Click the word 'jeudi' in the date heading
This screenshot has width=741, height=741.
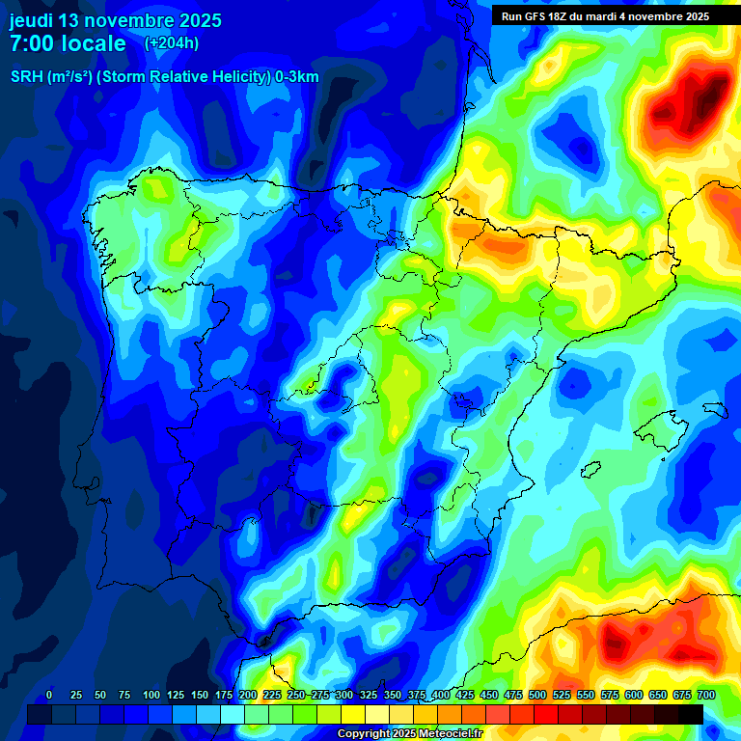(32, 20)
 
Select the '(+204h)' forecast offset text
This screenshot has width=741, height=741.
(172, 42)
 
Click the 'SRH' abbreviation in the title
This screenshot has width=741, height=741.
(26, 77)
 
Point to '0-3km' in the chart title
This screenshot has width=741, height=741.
(296, 77)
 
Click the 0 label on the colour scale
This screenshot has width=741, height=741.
(49, 695)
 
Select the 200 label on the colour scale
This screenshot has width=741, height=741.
(248, 695)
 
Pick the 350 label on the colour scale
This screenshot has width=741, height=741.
(393, 695)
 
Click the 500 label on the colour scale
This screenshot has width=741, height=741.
(537, 695)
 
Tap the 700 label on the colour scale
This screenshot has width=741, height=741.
(706, 695)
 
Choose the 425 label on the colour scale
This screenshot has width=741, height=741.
(465, 695)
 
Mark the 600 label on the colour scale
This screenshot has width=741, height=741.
(634, 695)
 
